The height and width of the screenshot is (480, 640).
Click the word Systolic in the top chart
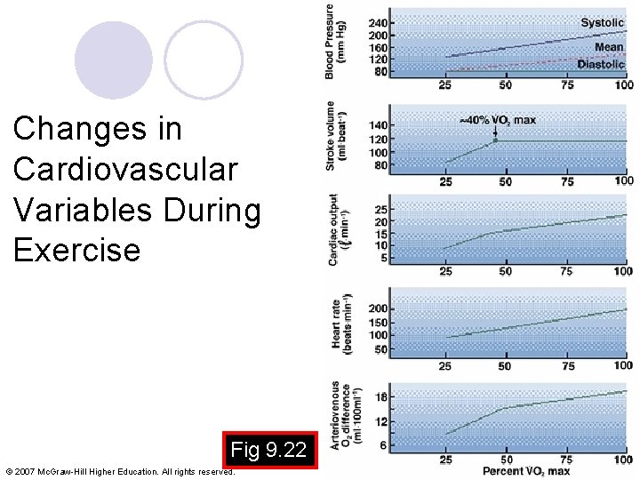click(602, 22)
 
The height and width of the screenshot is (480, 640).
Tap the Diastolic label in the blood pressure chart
click(600, 64)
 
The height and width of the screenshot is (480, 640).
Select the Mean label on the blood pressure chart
click(609, 47)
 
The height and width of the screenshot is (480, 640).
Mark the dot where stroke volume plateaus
click(496, 140)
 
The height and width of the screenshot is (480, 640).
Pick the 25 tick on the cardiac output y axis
click(380, 209)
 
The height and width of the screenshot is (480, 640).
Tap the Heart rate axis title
click(342, 324)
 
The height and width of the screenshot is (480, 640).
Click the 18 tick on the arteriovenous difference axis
click(380, 397)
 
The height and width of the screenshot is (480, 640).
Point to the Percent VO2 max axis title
click(526, 470)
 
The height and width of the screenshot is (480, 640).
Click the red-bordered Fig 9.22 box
click(268, 451)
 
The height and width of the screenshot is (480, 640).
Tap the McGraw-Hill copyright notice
click(120, 471)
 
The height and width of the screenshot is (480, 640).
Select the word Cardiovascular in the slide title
click(125, 169)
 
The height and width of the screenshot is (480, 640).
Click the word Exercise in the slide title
click(77, 250)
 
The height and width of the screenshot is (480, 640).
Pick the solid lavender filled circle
click(113, 60)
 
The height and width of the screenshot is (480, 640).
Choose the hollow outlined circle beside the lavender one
click(204, 60)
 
